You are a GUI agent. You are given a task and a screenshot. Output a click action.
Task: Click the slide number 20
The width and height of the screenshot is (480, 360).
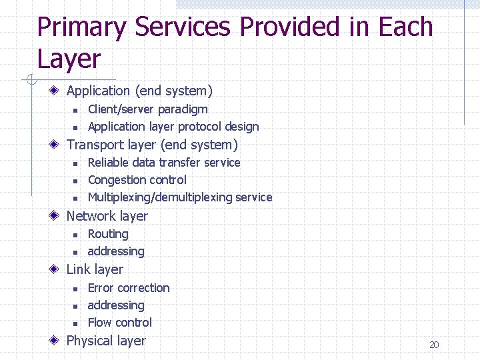pos(434,345)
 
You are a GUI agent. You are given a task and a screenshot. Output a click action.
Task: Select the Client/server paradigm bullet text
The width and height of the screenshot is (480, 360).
pos(147,109)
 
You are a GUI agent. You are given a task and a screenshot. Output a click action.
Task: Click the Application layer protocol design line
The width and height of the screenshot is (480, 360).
pos(173,127)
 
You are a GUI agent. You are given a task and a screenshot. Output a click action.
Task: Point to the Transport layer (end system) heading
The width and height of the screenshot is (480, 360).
pos(152,145)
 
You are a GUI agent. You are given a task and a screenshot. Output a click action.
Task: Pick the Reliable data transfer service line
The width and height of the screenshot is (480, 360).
pos(164,163)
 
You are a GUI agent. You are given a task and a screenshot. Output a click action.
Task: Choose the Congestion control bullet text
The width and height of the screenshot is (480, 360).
pos(137,180)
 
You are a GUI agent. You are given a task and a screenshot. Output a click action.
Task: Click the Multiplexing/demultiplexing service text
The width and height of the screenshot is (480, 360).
pos(180,197)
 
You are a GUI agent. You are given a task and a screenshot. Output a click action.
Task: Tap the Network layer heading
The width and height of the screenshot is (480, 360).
pos(107,216)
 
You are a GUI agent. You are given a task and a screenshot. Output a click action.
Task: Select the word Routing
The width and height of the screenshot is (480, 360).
pos(108,234)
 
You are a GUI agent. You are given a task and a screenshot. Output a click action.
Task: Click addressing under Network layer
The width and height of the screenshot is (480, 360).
pos(116,251)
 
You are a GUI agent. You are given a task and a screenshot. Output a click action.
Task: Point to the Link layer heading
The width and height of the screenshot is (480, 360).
pos(95,269)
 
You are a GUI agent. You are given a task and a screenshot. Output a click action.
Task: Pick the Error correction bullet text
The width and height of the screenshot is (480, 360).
pos(129,288)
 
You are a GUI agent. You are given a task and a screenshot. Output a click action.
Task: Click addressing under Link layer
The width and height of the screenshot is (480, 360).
pos(116,305)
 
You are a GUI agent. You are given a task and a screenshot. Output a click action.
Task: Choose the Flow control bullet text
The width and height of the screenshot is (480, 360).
pos(120,323)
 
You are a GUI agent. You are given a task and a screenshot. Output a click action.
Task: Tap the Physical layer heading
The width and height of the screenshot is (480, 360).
pos(106,341)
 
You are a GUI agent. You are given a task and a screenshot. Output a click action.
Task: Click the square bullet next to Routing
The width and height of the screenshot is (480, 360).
pos(75,235)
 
